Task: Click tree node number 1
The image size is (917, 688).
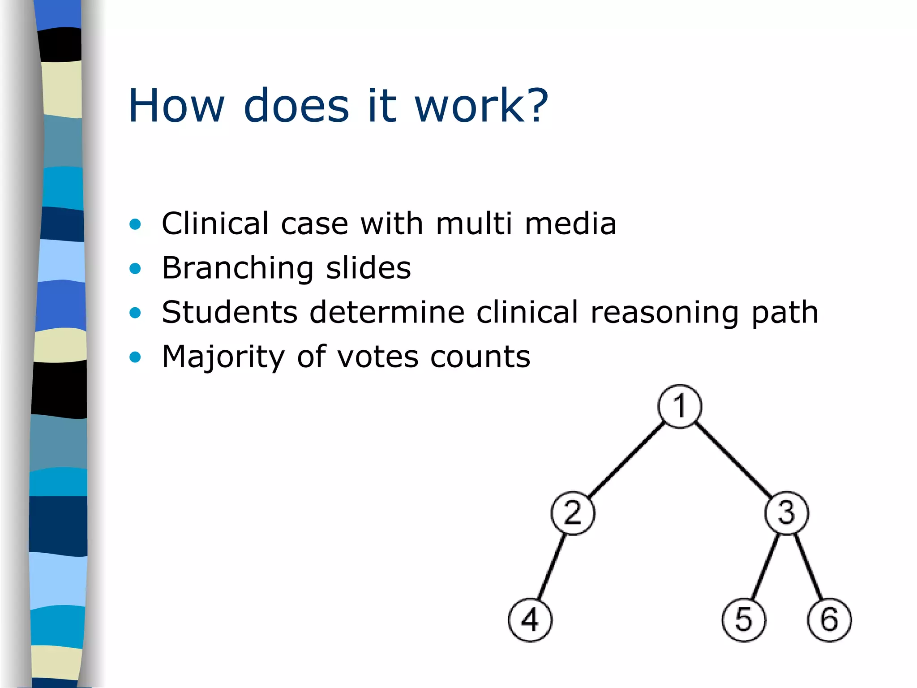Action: (x=680, y=406)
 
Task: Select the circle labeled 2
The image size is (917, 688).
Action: (x=573, y=513)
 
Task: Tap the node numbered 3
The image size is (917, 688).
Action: (x=787, y=513)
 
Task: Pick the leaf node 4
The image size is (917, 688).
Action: (x=530, y=620)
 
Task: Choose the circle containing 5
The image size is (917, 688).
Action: (x=744, y=620)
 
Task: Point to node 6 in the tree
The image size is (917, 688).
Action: (x=829, y=620)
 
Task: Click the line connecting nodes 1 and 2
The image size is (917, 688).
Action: (x=626, y=460)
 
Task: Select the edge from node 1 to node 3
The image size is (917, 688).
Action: (x=733, y=460)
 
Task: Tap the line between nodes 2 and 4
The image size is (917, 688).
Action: (x=551, y=567)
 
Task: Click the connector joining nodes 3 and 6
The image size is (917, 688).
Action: (x=809, y=567)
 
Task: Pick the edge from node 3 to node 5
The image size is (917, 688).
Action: (x=765, y=567)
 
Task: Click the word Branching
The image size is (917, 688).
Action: (x=237, y=268)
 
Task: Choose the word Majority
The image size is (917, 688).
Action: (x=223, y=357)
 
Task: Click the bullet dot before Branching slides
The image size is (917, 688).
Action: (x=135, y=268)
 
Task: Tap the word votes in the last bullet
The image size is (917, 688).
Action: (x=377, y=357)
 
